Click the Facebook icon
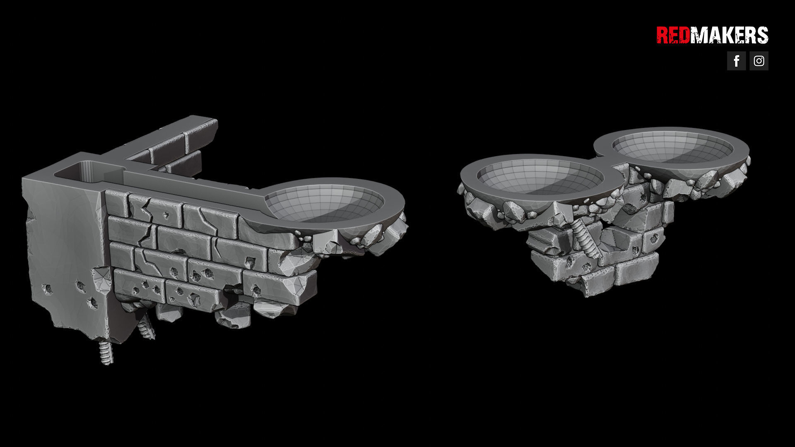[x=736, y=61]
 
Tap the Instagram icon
[x=759, y=61]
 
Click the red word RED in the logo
[x=673, y=35]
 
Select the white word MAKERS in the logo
[x=729, y=35]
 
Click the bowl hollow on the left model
[x=324, y=203]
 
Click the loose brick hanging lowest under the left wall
[x=234, y=317]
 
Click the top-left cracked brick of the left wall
[x=118, y=203]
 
